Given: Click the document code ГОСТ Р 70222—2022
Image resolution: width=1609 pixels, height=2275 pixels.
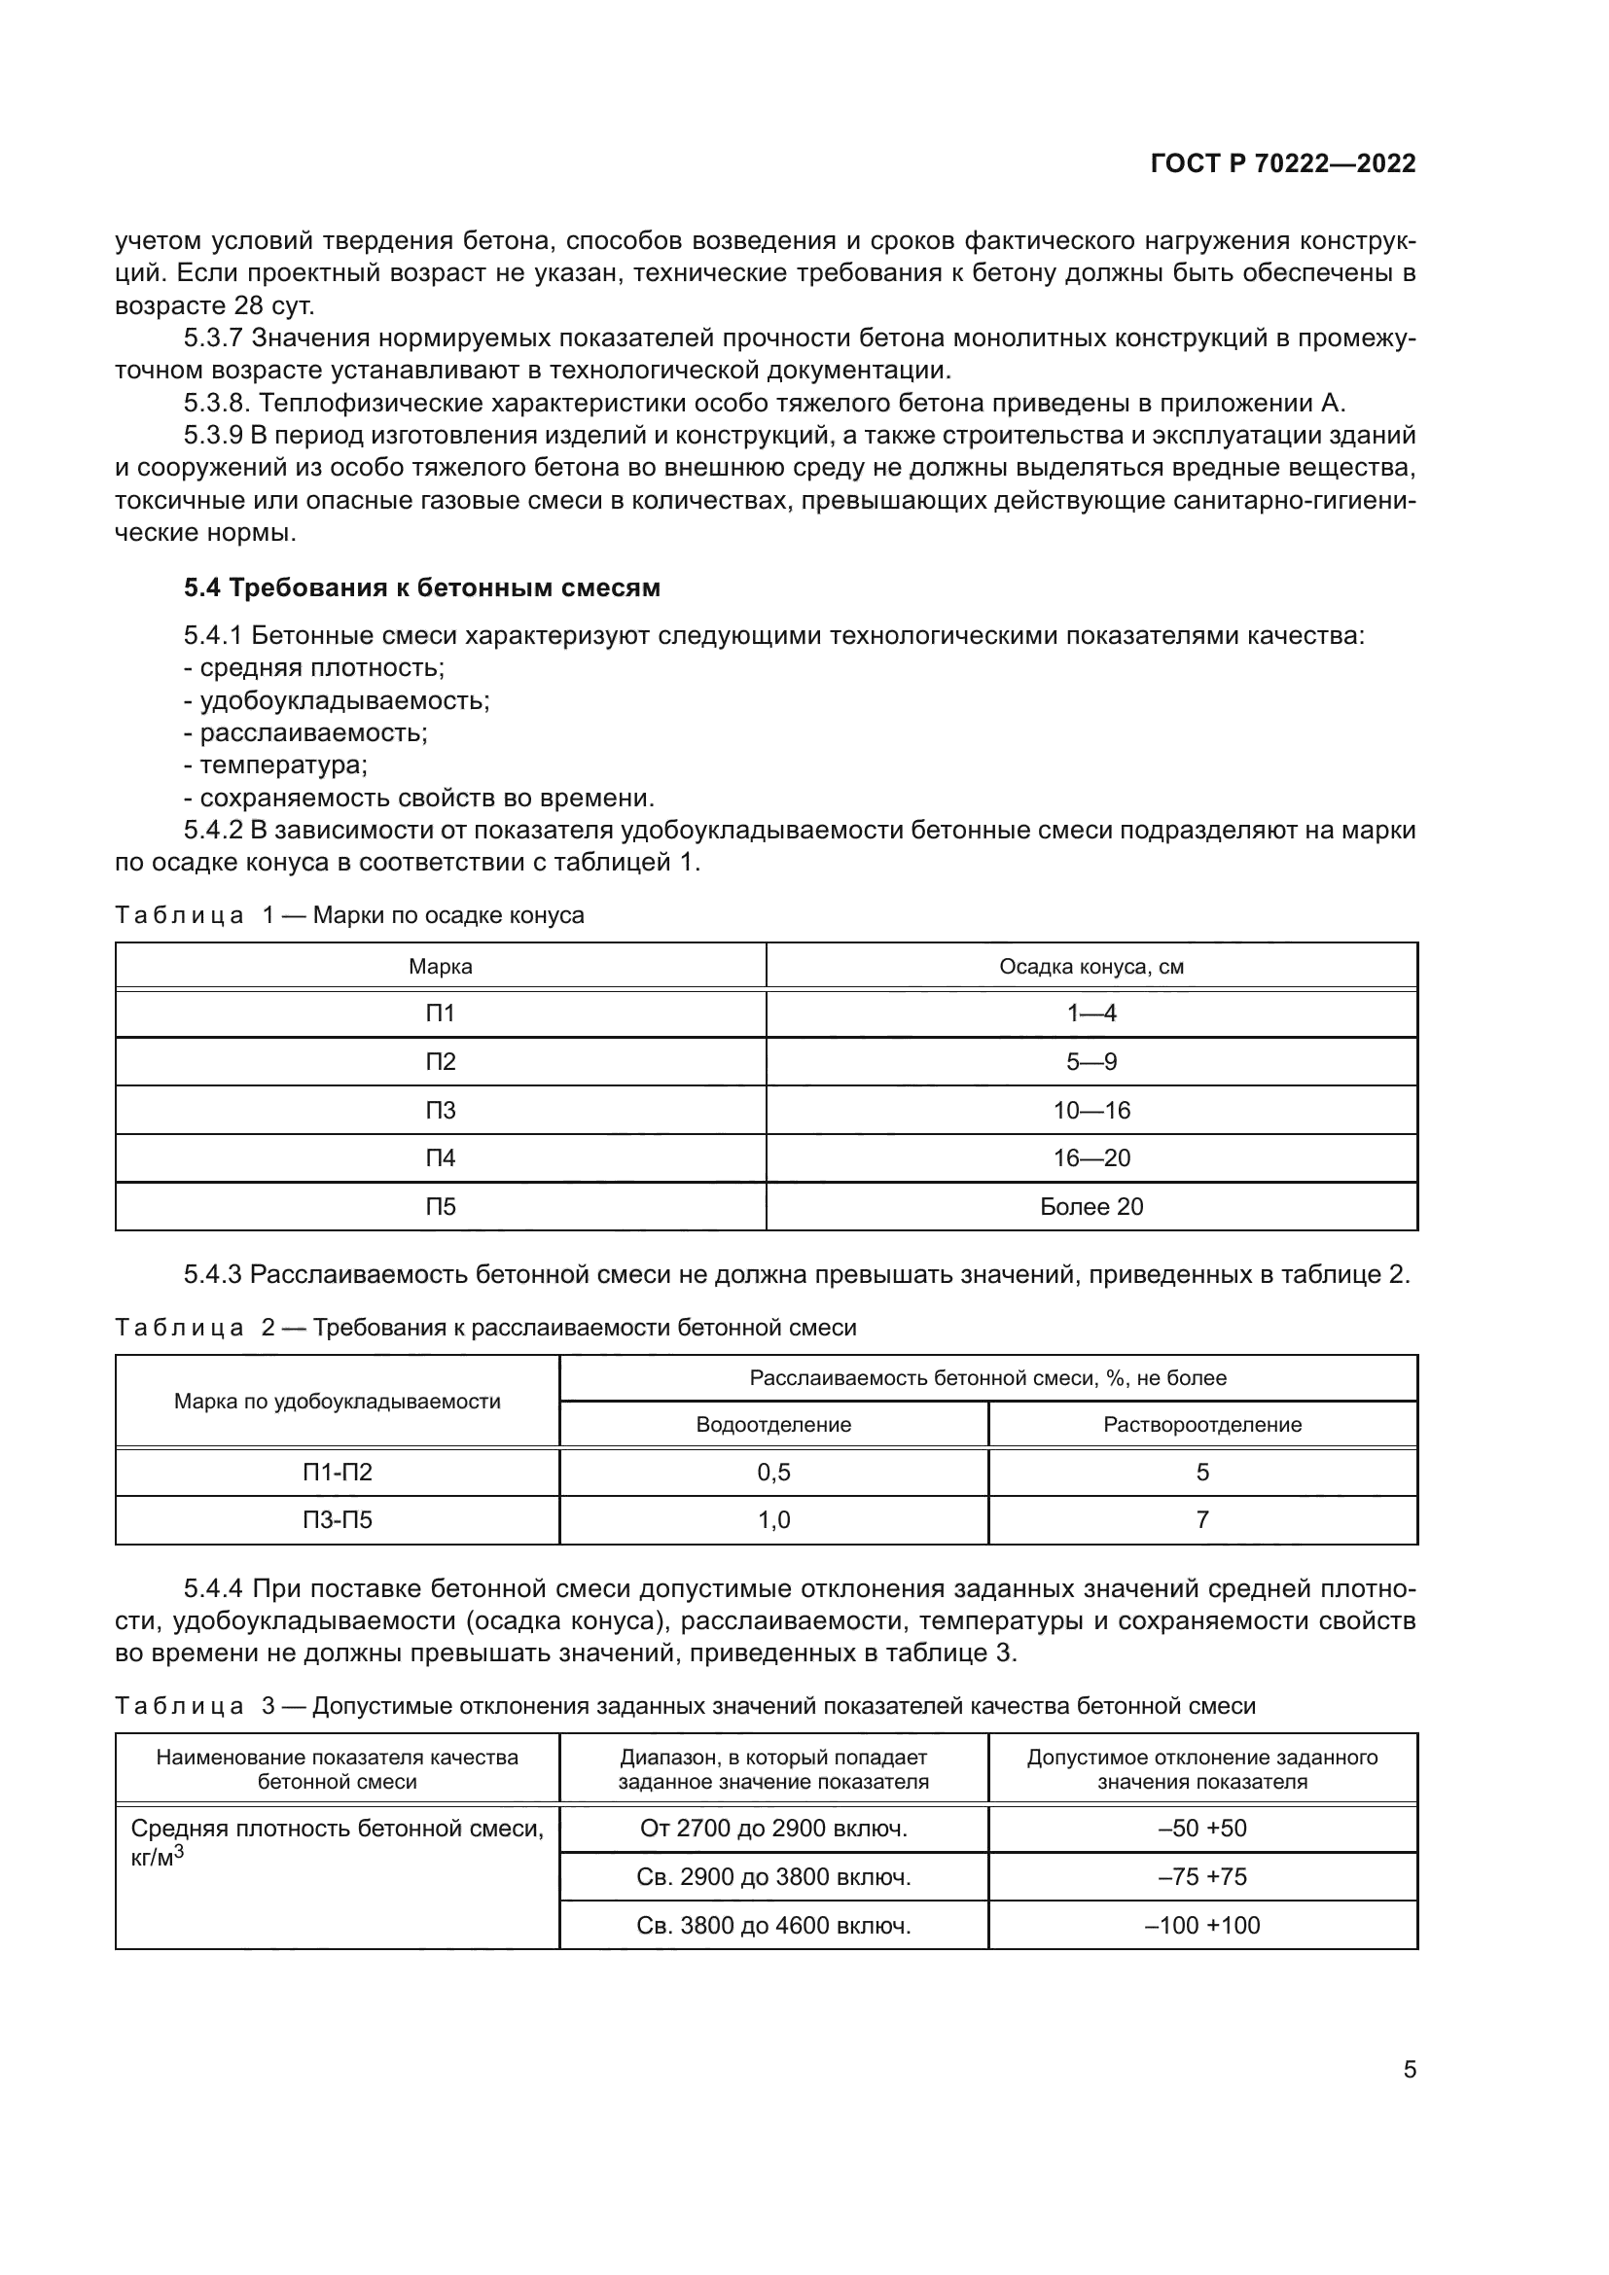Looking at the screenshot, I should [x=1283, y=164].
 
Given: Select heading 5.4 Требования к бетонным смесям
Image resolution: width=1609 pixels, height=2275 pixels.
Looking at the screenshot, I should [x=422, y=587].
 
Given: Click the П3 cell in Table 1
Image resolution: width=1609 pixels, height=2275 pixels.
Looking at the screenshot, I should [x=440, y=1110].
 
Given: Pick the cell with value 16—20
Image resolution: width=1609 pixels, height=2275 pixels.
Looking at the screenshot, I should [x=1091, y=1157].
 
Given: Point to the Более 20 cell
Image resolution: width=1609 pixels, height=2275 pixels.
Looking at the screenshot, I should [x=1091, y=1206].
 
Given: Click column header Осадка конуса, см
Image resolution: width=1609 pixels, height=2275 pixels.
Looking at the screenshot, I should [x=1091, y=966].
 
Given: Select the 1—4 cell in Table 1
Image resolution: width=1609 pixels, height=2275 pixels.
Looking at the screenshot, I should [x=1091, y=1013].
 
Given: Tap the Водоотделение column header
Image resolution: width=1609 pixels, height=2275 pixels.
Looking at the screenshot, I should [x=772, y=1425].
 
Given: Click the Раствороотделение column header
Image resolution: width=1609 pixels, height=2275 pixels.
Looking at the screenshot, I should [x=1201, y=1425].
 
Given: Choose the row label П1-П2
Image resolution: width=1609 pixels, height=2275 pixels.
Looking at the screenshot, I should [x=337, y=1473].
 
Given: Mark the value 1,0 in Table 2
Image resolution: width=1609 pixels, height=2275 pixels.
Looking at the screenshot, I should [x=772, y=1520].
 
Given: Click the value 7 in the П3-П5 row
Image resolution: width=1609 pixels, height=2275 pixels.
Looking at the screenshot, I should [x=1201, y=1520].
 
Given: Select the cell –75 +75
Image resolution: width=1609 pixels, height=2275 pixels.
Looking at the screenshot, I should [x=1201, y=1876].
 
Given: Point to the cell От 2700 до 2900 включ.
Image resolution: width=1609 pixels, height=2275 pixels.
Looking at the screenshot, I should [x=772, y=1829].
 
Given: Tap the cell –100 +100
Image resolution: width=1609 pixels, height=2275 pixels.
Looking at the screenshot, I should [x=1201, y=1925].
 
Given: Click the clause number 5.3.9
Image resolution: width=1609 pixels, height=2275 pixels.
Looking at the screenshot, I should [x=213, y=435].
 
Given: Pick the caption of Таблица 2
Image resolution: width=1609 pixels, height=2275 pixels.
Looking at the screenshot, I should [x=485, y=1327].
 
